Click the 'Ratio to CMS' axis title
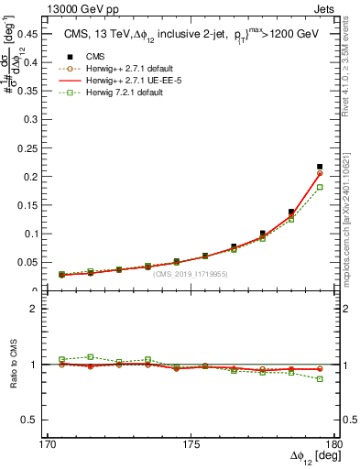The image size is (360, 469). [14, 365]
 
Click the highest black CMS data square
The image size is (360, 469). [320, 167]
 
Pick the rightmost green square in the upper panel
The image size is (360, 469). [320, 187]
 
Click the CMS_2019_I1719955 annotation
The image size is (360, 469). [191, 274]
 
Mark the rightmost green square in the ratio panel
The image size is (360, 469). [320, 378]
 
